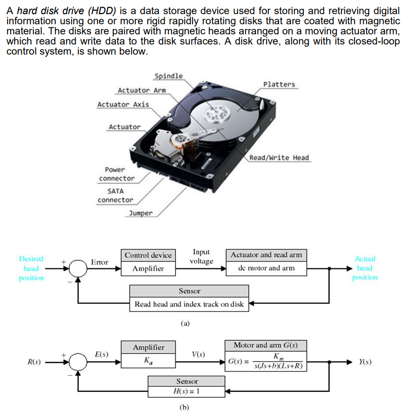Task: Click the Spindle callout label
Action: tap(168, 76)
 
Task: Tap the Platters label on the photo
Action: tap(279, 84)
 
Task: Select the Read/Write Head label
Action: tap(279, 158)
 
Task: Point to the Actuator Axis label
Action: tap(123, 104)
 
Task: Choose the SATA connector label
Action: tap(115, 196)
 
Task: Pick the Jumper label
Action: tap(141, 213)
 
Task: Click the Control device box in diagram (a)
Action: tap(148, 255)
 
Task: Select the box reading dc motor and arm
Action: tap(266, 268)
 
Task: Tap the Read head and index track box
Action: tap(189, 304)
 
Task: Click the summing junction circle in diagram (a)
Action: tap(78, 268)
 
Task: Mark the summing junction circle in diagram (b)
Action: tap(78, 362)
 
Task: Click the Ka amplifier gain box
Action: tap(148, 362)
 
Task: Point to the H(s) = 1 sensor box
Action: tap(187, 392)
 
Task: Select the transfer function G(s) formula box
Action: tap(266, 362)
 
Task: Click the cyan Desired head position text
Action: tap(31, 268)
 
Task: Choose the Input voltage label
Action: tap(201, 256)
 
